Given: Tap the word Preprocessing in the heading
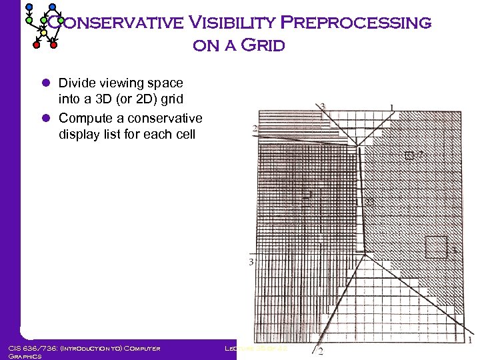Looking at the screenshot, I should pos(356,23).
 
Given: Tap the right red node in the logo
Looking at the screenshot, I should pos(54,46).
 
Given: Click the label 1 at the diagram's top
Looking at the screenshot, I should pos(391,107).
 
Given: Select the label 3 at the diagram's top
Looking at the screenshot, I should pos(323,106).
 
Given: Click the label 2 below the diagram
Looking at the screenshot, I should pos(321,351).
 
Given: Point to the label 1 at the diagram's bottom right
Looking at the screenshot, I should pos(471,340).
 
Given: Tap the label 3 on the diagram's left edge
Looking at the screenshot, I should pos(251,262).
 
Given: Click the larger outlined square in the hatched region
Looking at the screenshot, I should pos(437,247).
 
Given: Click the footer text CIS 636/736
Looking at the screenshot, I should pos(31,348).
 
